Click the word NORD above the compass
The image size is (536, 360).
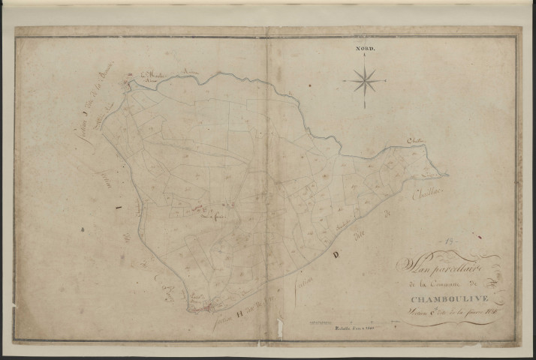(x=365, y=49)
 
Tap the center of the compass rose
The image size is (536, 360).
(x=365, y=79)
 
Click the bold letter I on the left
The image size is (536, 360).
(x=116, y=209)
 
